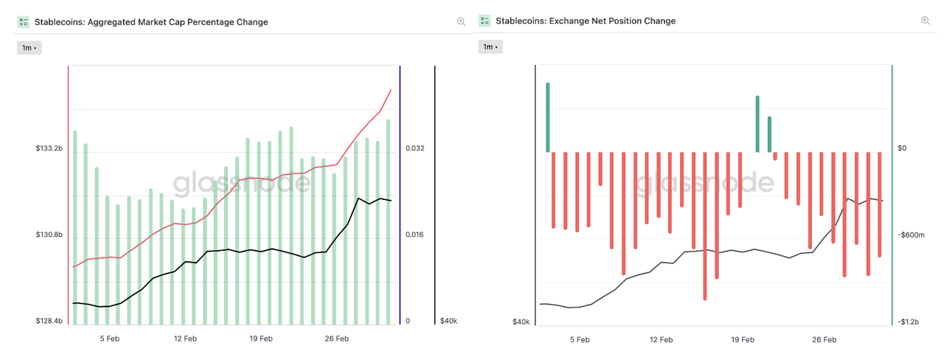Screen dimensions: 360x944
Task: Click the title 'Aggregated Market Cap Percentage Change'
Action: point(151,22)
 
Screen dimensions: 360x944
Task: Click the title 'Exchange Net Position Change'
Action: point(586,21)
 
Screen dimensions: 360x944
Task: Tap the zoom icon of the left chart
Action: point(461,22)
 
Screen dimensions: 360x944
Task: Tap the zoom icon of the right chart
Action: point(926,21)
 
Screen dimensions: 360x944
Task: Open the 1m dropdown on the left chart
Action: point(29,48)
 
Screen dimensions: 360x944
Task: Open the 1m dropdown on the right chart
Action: point(490,47)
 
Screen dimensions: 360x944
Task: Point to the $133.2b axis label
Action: point(49,148)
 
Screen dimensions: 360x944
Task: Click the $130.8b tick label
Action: point(49,235)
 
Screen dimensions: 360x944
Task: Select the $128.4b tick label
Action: point(49,321)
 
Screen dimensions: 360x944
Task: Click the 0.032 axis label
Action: point(415,148)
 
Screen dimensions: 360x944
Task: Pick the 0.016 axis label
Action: point(415,235)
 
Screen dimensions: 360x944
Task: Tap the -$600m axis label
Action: point(912,235)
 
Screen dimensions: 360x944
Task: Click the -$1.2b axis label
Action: point(909,322)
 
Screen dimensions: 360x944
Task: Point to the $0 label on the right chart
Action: point(903,148)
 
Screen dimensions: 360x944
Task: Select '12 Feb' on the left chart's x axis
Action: point(185,339)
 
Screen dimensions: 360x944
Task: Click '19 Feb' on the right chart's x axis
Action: point(743,340)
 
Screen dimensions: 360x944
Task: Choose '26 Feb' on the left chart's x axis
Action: point(336,339)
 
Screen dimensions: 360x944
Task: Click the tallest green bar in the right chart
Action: point(548,117)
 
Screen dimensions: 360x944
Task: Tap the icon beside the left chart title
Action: point(24,22)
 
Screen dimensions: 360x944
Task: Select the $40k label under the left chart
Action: point(448,321)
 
